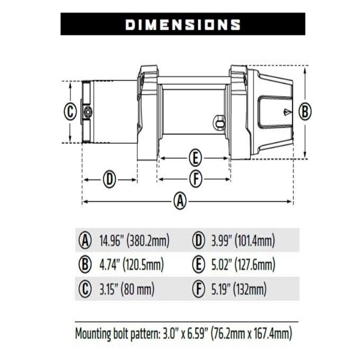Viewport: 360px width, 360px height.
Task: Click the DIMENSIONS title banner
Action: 183,24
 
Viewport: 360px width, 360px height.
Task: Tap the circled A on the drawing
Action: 180,201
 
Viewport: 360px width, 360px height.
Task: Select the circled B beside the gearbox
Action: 305,111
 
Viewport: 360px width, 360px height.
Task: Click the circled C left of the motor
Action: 70,111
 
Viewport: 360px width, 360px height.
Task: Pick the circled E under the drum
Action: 194,158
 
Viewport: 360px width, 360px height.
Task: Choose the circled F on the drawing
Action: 194,179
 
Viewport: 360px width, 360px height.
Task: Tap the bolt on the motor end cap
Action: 87,111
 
